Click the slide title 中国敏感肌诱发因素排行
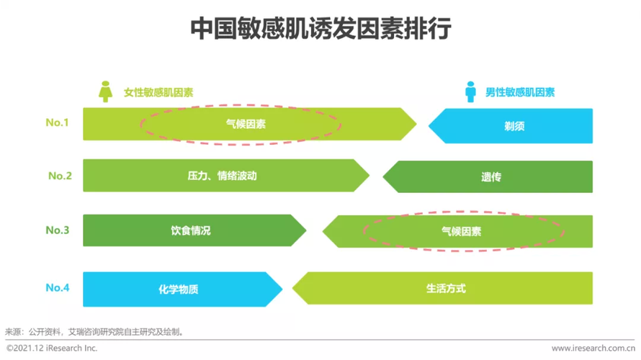coord(321,29)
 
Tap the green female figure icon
coord(105,91)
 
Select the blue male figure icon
coord(470,92)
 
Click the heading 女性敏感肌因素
coord(158,93)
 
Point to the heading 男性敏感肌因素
coord(520,92)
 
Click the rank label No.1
coord(57,122)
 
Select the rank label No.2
coord(60,176)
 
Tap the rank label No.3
coord(58,230)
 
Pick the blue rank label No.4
coord(58,288)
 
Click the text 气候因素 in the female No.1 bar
coord(246,124)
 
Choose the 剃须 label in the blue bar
coord(514,126)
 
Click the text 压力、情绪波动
coord(222,176)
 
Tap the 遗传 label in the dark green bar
coord(491,177)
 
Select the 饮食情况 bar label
coord(191,230)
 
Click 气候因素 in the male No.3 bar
coord(461,232)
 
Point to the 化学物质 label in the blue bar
coord(178,289)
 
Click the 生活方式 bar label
coord(446,289)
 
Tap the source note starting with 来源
coord(94,332)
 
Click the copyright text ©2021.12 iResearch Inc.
coord(52,348)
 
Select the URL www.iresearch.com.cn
coord(593,348)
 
